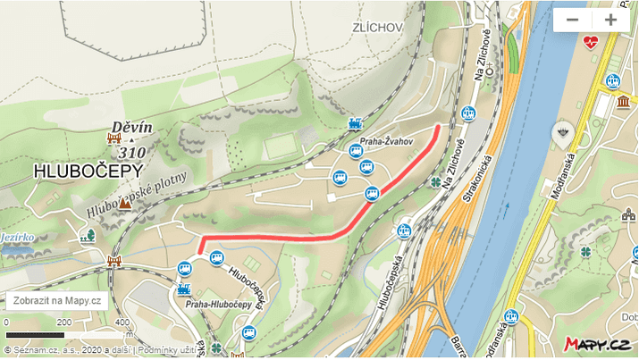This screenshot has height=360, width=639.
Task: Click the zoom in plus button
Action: [611, 20]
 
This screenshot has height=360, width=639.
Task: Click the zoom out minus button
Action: [573, 20]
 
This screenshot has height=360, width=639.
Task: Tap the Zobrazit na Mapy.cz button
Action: [57, 301]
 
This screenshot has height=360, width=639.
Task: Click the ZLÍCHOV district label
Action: [377, 28]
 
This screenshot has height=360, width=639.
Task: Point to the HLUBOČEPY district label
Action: [77, 171]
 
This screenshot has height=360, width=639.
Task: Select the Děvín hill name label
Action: [132, 128]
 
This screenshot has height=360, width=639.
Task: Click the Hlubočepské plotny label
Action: [139, 192]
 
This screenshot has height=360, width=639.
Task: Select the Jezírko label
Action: [18, 238]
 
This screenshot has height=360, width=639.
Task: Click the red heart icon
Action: [591, 42]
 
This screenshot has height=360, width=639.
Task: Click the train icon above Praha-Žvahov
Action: [356, 124]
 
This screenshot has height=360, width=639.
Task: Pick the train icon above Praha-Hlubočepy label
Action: [185, 289]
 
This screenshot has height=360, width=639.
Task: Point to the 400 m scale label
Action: [119, 322]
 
